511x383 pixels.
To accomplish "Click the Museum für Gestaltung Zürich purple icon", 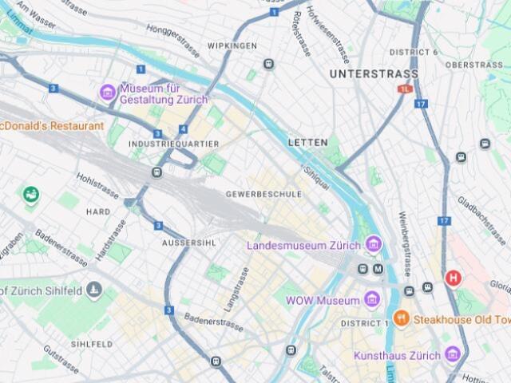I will [x=108, y=93].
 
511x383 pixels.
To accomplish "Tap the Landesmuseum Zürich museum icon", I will [x=373, y=244].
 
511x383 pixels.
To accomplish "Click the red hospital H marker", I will [x=454, y=278].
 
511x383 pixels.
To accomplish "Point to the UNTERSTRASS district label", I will [x=374, y=74].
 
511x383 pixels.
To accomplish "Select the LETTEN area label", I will [x=307, y=142].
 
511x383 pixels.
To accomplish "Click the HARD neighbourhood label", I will [x=98, y=212].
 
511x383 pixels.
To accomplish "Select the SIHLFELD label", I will [x=91, y=344].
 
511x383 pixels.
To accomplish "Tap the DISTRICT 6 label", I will [x=414, y=52].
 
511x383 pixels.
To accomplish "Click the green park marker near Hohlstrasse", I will [x=31, y=194].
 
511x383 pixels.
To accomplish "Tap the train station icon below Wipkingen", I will [x=269, y=64].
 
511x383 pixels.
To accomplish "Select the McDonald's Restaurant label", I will [x=52, y=126].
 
